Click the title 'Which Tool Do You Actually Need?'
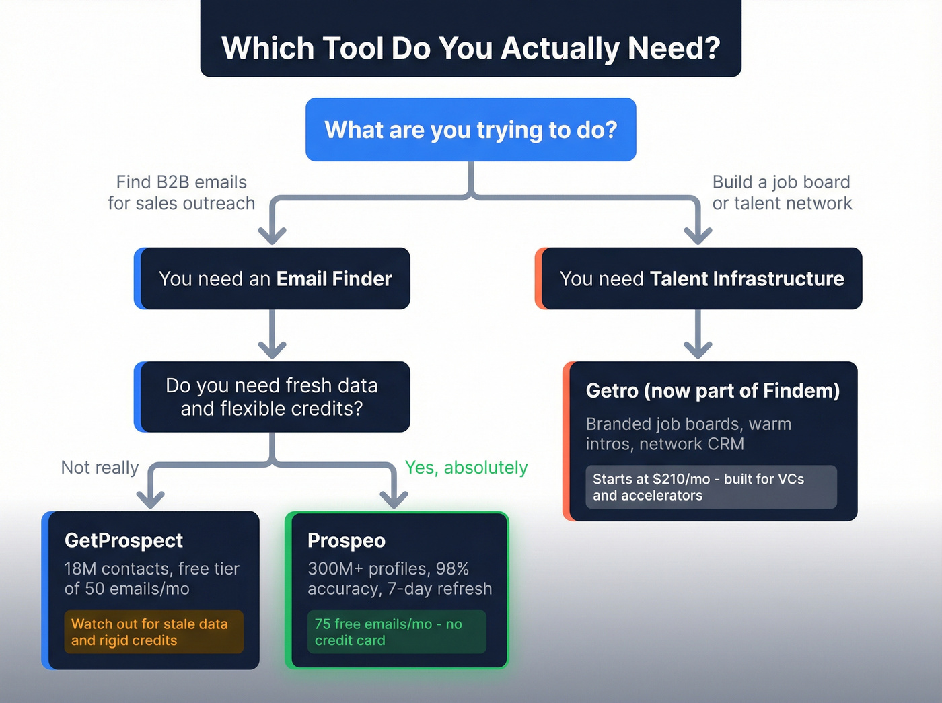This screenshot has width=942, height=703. (x=470, y=48)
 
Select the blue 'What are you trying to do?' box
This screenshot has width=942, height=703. (x=470, y=130)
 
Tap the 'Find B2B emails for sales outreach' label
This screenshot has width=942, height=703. (x=181, y=192)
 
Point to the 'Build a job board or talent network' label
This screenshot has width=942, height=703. (x=781, y=192)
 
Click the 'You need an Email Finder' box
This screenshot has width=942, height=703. (x=275, y=279)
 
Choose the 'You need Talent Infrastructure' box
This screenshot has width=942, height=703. (x=701, y=279)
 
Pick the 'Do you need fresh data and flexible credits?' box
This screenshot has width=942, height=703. (x=272, y=397)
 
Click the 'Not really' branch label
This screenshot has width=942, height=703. (x=100, y=468)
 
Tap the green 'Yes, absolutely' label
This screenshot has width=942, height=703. (x=466, y=468)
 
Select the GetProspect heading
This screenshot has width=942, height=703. (x=124, y=540)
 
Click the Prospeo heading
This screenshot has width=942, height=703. (x=347, y=540)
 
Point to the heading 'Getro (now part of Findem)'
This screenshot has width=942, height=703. (x=713, y=391)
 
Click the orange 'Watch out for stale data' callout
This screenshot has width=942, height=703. (x=153, y=632)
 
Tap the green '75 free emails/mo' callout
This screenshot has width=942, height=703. (x=396, y=632)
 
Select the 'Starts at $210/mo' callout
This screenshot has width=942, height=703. (x=711, y=487)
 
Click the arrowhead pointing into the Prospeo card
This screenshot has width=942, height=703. (x=394, y=498)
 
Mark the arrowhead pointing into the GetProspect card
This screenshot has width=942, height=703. (x=151, y=498)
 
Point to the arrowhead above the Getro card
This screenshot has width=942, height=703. (x=698, y=349)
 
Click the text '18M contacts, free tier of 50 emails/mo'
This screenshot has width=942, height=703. (x=151, y=579)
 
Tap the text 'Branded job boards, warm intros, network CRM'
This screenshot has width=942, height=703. (x=688, y=434)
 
